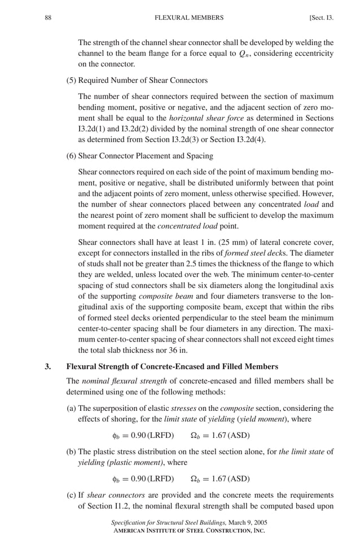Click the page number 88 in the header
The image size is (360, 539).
click(x=48, y=17)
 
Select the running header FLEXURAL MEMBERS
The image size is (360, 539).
click(x=188, y=17)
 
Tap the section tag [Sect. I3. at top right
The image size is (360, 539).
click(x=321, y=17)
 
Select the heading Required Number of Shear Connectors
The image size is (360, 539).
click(x=142, y=80)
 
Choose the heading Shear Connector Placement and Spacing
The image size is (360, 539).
click(x=145, y=156)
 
